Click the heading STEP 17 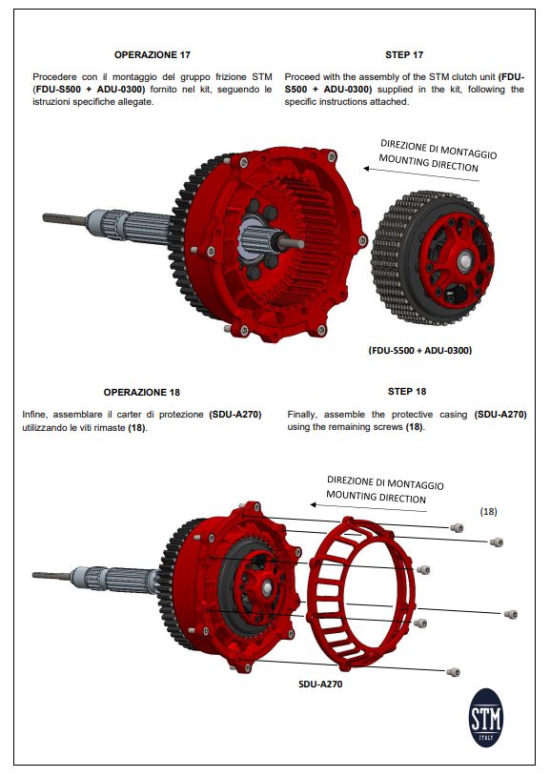tap(404, 54)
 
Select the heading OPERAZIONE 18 tap(141, 392)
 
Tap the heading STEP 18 tap(407, 391)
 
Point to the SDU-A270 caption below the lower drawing tap(321, 685)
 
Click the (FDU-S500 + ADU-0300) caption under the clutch tap(420, 350)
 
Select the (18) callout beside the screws tap(488, 512)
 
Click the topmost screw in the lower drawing tap(457, 527)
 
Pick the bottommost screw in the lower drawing tap(453, 671)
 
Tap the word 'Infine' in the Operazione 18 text tap(36, 415)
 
